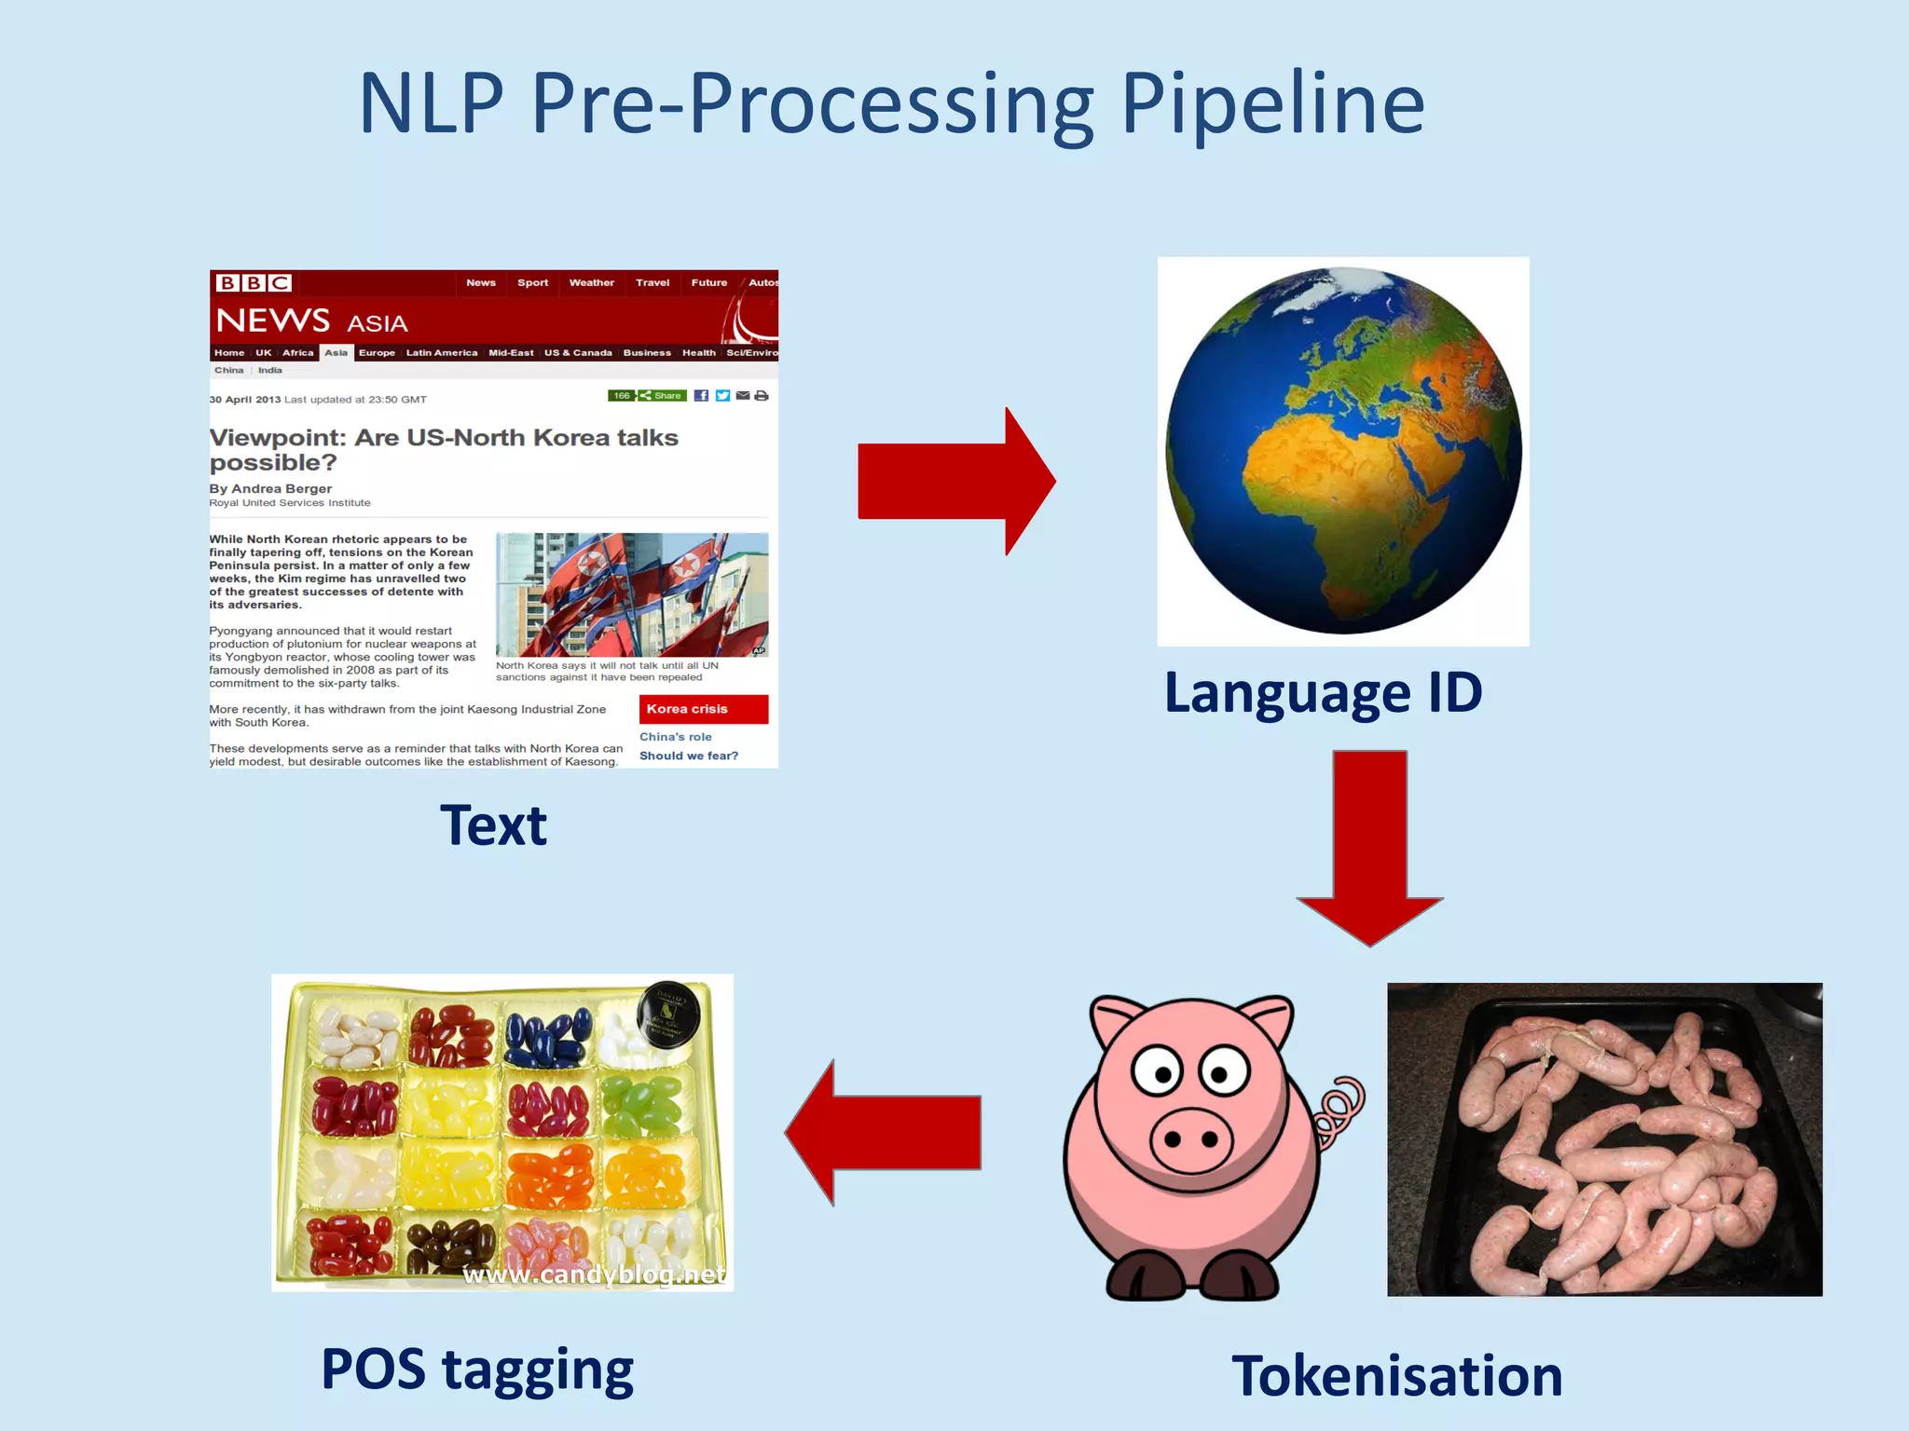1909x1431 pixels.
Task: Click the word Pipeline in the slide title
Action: click(x=1272, y=104)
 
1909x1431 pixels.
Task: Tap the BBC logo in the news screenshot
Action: click(x=254, y=282)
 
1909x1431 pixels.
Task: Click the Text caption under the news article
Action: click(x=493, y=825)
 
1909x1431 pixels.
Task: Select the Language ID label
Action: click(x=1323, y=693)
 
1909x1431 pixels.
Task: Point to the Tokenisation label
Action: click(x=1396, y=1375)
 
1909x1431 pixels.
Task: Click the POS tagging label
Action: click(x=477, y=1370)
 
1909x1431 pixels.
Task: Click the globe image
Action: click(x=1343, y=451)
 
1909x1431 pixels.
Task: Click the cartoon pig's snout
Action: click(x=1190, y=1138)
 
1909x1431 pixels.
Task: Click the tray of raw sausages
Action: click(x=1604, y=1138)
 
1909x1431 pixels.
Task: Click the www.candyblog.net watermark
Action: click(x=594, y=1274)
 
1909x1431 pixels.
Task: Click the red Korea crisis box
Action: click(x=704, y=709)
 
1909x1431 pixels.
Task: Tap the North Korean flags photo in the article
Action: click(x=632, y=594)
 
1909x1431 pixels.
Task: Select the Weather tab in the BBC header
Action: click(x=591, y=282)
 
